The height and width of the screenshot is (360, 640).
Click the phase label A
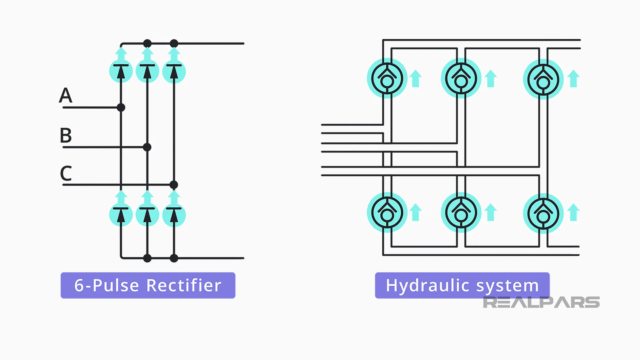(66, 95)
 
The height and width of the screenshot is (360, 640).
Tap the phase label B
(66, 135)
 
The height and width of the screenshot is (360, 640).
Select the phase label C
(66, 173)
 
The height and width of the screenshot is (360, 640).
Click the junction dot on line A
(121, 107)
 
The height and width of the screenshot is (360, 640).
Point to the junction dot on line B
(147, 147)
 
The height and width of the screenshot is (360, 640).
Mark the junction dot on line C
(174, 185)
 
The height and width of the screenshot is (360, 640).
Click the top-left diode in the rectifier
(121, 71)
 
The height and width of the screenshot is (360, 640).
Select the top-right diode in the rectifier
(174, 71)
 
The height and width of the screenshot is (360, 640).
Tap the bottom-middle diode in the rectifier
(147, 214)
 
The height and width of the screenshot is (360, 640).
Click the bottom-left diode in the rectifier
(121, 214)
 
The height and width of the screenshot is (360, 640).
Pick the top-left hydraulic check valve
(387, 79)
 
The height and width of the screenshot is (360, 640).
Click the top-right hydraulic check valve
(543, 79)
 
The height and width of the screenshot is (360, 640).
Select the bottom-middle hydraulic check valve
(461, 213)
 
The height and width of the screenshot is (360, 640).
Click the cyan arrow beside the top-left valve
(415, 79)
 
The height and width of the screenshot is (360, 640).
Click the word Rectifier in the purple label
(184, 286)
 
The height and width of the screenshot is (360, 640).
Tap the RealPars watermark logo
(541, 302)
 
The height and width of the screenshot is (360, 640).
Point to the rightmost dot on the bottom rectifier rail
(174, 258)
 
